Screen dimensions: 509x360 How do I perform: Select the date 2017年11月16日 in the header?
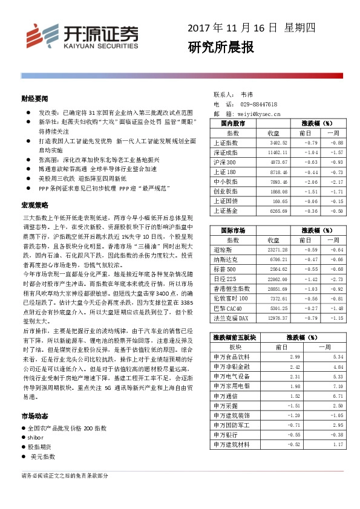tap(232, 28)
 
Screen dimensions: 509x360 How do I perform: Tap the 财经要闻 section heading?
tap(34, 99)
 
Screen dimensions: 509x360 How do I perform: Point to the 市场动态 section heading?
tap(34, 417)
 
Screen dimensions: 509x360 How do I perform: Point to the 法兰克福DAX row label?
tap(231, 317)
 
